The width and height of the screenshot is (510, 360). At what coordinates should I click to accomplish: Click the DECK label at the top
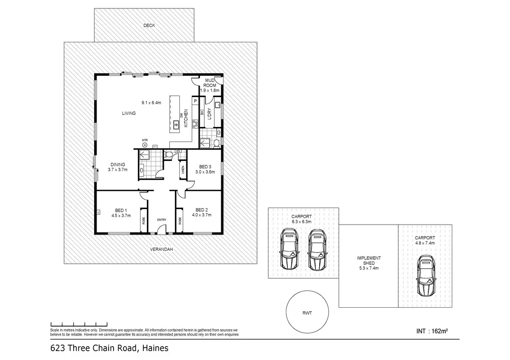(149, 25)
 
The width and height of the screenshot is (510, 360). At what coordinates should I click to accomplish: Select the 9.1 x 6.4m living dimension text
(151, 103)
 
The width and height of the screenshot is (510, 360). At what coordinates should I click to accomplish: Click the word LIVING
(129, 114)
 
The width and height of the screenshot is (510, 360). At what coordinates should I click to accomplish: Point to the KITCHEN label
(186, 119)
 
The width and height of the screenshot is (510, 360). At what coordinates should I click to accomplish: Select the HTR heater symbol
(145, 145)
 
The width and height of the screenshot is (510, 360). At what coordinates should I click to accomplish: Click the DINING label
(118, 165)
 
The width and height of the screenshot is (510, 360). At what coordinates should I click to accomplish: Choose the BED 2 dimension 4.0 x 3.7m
(202, 215)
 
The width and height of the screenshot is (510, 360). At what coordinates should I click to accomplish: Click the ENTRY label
(162, 220)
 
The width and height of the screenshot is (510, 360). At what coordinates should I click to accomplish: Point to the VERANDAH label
(161, 249)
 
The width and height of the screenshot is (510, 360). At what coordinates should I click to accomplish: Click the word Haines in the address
(154, 349)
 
